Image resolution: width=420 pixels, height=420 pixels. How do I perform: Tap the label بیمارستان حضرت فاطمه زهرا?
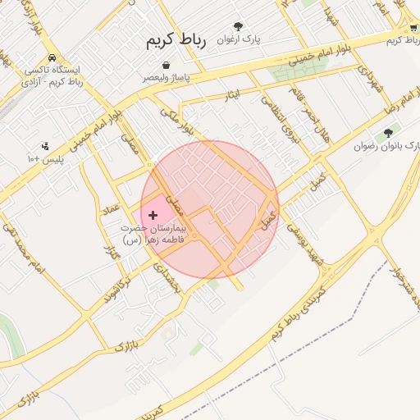[153, 233]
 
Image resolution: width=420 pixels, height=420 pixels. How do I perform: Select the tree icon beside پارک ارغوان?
[239, 26]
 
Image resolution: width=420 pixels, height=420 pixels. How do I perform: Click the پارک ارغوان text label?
[239, 39]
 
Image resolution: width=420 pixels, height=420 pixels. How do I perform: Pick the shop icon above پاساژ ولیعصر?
[167, 65]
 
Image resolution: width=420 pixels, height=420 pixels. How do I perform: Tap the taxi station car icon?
[52, 58]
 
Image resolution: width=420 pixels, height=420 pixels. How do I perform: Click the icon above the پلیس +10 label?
[44, 146]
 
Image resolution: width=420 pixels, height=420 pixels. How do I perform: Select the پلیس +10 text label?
[44, 158]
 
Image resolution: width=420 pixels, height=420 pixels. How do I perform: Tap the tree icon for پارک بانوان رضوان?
[388, 132]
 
